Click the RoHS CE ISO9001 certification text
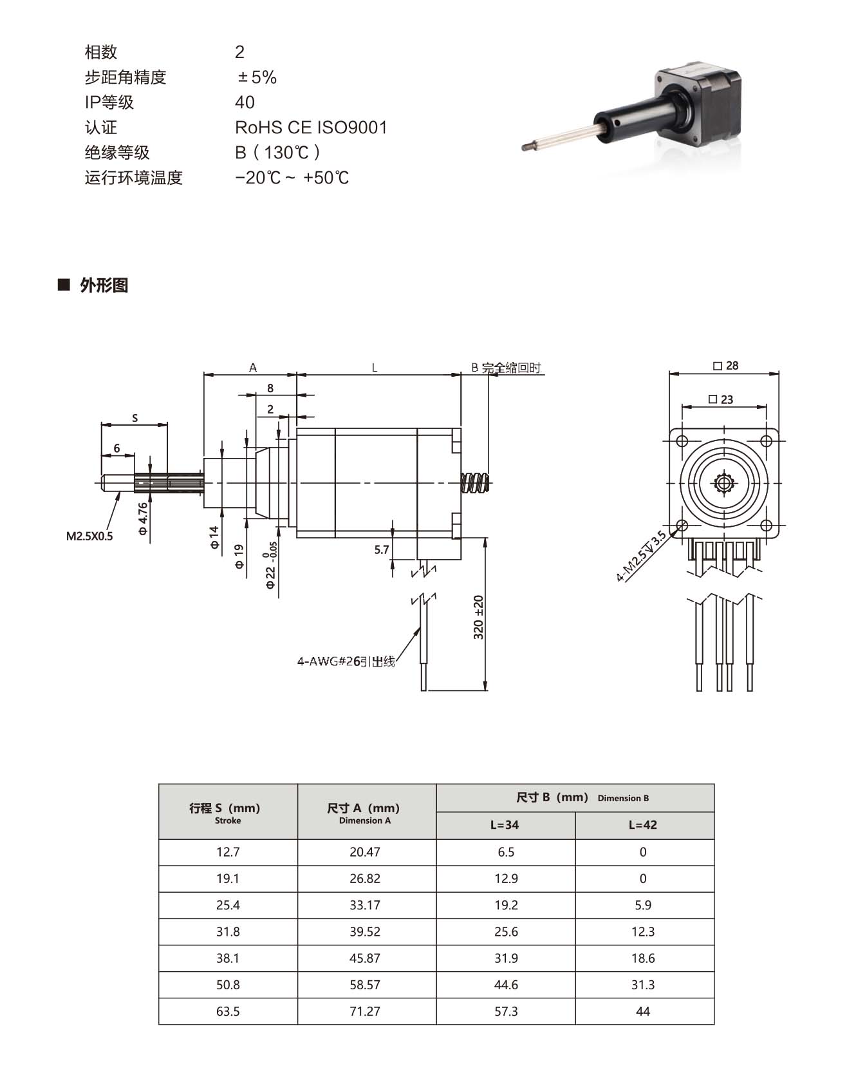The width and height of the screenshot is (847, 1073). click(311, 128)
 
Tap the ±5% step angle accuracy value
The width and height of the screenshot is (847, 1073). click(257, 78)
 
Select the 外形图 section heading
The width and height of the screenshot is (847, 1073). click(104, 285)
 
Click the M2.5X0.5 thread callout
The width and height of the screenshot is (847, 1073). click(89, 536)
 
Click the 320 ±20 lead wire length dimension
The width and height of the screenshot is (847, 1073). click(478, 617)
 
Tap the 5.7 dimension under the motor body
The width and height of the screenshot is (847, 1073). click(382, 549)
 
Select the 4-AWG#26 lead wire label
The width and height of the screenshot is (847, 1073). click(346, 661)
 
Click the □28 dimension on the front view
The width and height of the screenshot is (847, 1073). click(725, 366)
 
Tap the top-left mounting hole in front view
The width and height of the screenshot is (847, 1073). click(682, 441)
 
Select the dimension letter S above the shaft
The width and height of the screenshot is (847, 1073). click(135, 418)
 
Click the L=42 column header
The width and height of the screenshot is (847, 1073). click(644, 825)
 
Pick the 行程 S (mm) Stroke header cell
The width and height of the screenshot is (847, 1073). click(228, 812)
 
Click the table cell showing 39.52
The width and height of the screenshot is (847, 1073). click(365, 931)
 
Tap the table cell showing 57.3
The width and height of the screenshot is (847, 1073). click(506, 1011)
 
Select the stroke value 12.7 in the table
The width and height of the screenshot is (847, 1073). click(228, 852)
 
